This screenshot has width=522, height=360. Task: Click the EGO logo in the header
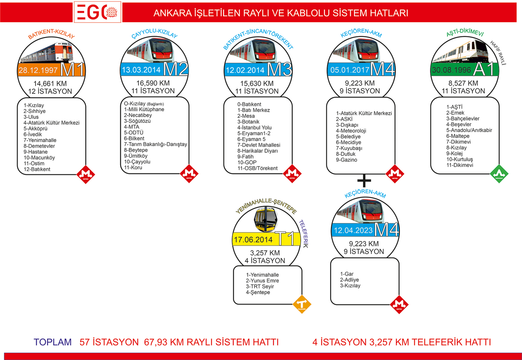tap(98, 12)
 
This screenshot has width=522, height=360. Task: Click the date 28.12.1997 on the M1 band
tap(38, 70)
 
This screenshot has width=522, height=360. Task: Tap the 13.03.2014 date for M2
tap(141, 69)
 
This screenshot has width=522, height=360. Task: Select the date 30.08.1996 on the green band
tap(451, 70)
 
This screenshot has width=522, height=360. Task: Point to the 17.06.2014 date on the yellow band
tap(253, 240)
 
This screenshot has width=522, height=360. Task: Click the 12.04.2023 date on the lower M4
tap(353, 230)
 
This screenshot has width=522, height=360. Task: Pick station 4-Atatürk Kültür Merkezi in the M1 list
tap(51, 123)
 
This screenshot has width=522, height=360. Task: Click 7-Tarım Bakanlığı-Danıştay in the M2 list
tap(155, 144)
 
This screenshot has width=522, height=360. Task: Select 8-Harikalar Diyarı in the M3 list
tap(257, 151)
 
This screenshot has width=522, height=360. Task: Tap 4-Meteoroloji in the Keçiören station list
tap(351, 131)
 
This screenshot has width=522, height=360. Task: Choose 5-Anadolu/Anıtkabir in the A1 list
tap(469, 130)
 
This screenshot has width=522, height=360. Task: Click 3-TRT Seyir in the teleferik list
tap(260, 287)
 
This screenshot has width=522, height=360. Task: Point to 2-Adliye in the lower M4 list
tap(349, 280)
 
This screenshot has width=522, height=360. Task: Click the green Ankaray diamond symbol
tap(499, 174)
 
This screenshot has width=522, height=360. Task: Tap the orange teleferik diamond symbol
tap(302, 304)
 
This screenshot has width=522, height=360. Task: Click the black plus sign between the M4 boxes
tap(364, 181)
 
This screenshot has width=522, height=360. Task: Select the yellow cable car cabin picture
tap(266, 219)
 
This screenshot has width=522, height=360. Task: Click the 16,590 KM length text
tap(153, 83)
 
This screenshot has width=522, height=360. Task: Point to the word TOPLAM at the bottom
tap(53, 342)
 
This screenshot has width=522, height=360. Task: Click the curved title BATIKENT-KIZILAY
tap(51, 33)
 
